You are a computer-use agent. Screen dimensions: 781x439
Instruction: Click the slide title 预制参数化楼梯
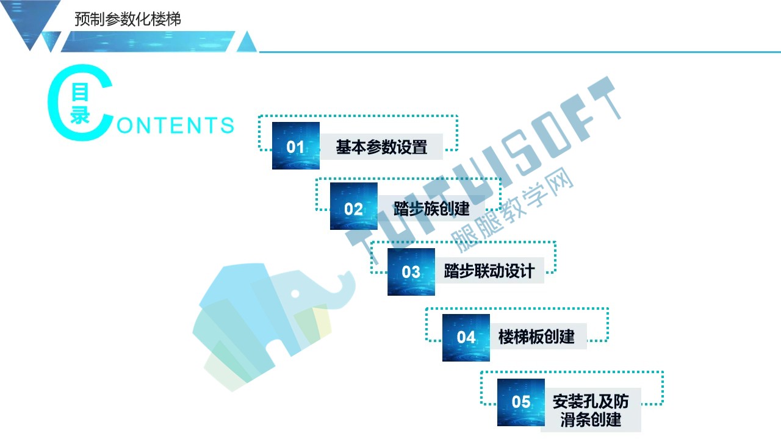(128, 19)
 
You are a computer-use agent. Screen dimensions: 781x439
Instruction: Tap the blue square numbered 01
(296, 146)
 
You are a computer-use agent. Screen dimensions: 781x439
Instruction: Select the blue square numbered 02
(353, 206)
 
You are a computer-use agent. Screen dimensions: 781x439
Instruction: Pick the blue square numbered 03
(411, 272)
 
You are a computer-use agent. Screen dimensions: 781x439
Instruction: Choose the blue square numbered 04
(466, 338)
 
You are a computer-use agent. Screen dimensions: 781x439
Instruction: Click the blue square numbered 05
(521, 402)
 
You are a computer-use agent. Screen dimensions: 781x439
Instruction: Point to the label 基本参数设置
(381, 147)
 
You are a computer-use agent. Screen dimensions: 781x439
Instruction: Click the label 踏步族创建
(431, 209)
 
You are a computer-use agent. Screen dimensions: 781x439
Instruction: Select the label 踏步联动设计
(489, 271)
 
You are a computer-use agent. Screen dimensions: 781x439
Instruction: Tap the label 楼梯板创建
(536, 337)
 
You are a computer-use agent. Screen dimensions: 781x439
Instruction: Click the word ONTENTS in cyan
(175, 126)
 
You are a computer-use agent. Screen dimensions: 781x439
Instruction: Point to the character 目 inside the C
(80, 92)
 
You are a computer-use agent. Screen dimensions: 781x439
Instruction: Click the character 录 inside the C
(80, 115)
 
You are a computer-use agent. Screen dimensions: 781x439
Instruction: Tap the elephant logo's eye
(295, 294)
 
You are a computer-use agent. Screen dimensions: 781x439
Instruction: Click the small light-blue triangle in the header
(247, 42)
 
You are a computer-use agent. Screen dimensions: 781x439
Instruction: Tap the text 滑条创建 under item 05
(591, 419)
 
